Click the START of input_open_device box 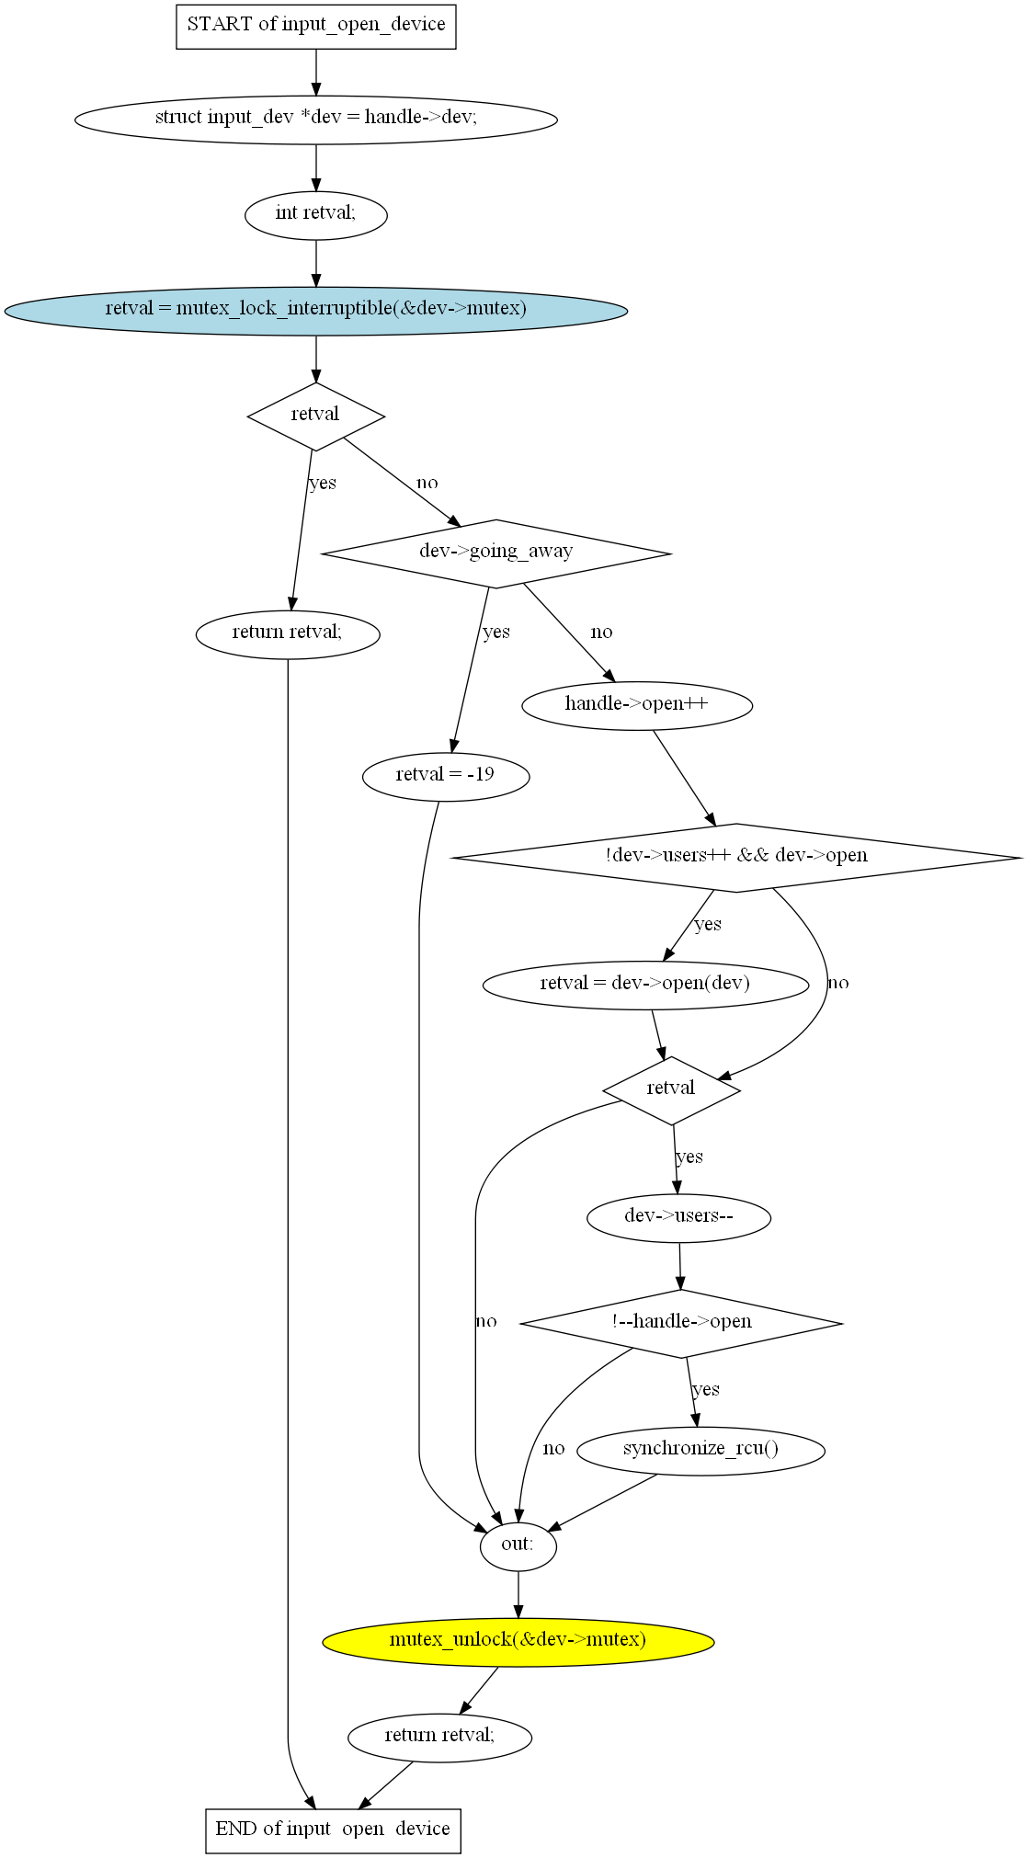coord(315,26)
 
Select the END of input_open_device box coord(333,1830)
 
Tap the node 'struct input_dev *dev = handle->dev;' coord(315,119)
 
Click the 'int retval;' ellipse coord(315,214)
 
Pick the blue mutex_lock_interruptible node coord(315,310)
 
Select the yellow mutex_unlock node coord(518,1641)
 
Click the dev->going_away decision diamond coord(495,553)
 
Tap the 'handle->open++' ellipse coord(636,705)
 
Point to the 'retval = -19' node coord(446,776)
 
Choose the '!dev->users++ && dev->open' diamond coord(735,857)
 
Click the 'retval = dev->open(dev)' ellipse coord(645,985)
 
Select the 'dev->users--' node coord(678,1217)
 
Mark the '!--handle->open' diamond coord(681,1323)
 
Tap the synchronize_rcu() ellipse coord(700,1450)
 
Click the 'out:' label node coord(518,1545)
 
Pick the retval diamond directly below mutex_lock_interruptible coord(315,416)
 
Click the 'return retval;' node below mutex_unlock coord(439,1737)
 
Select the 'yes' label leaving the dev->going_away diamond coord(496,633)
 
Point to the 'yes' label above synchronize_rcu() coord(706,1390)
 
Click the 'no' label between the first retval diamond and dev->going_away coord(427,484)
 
